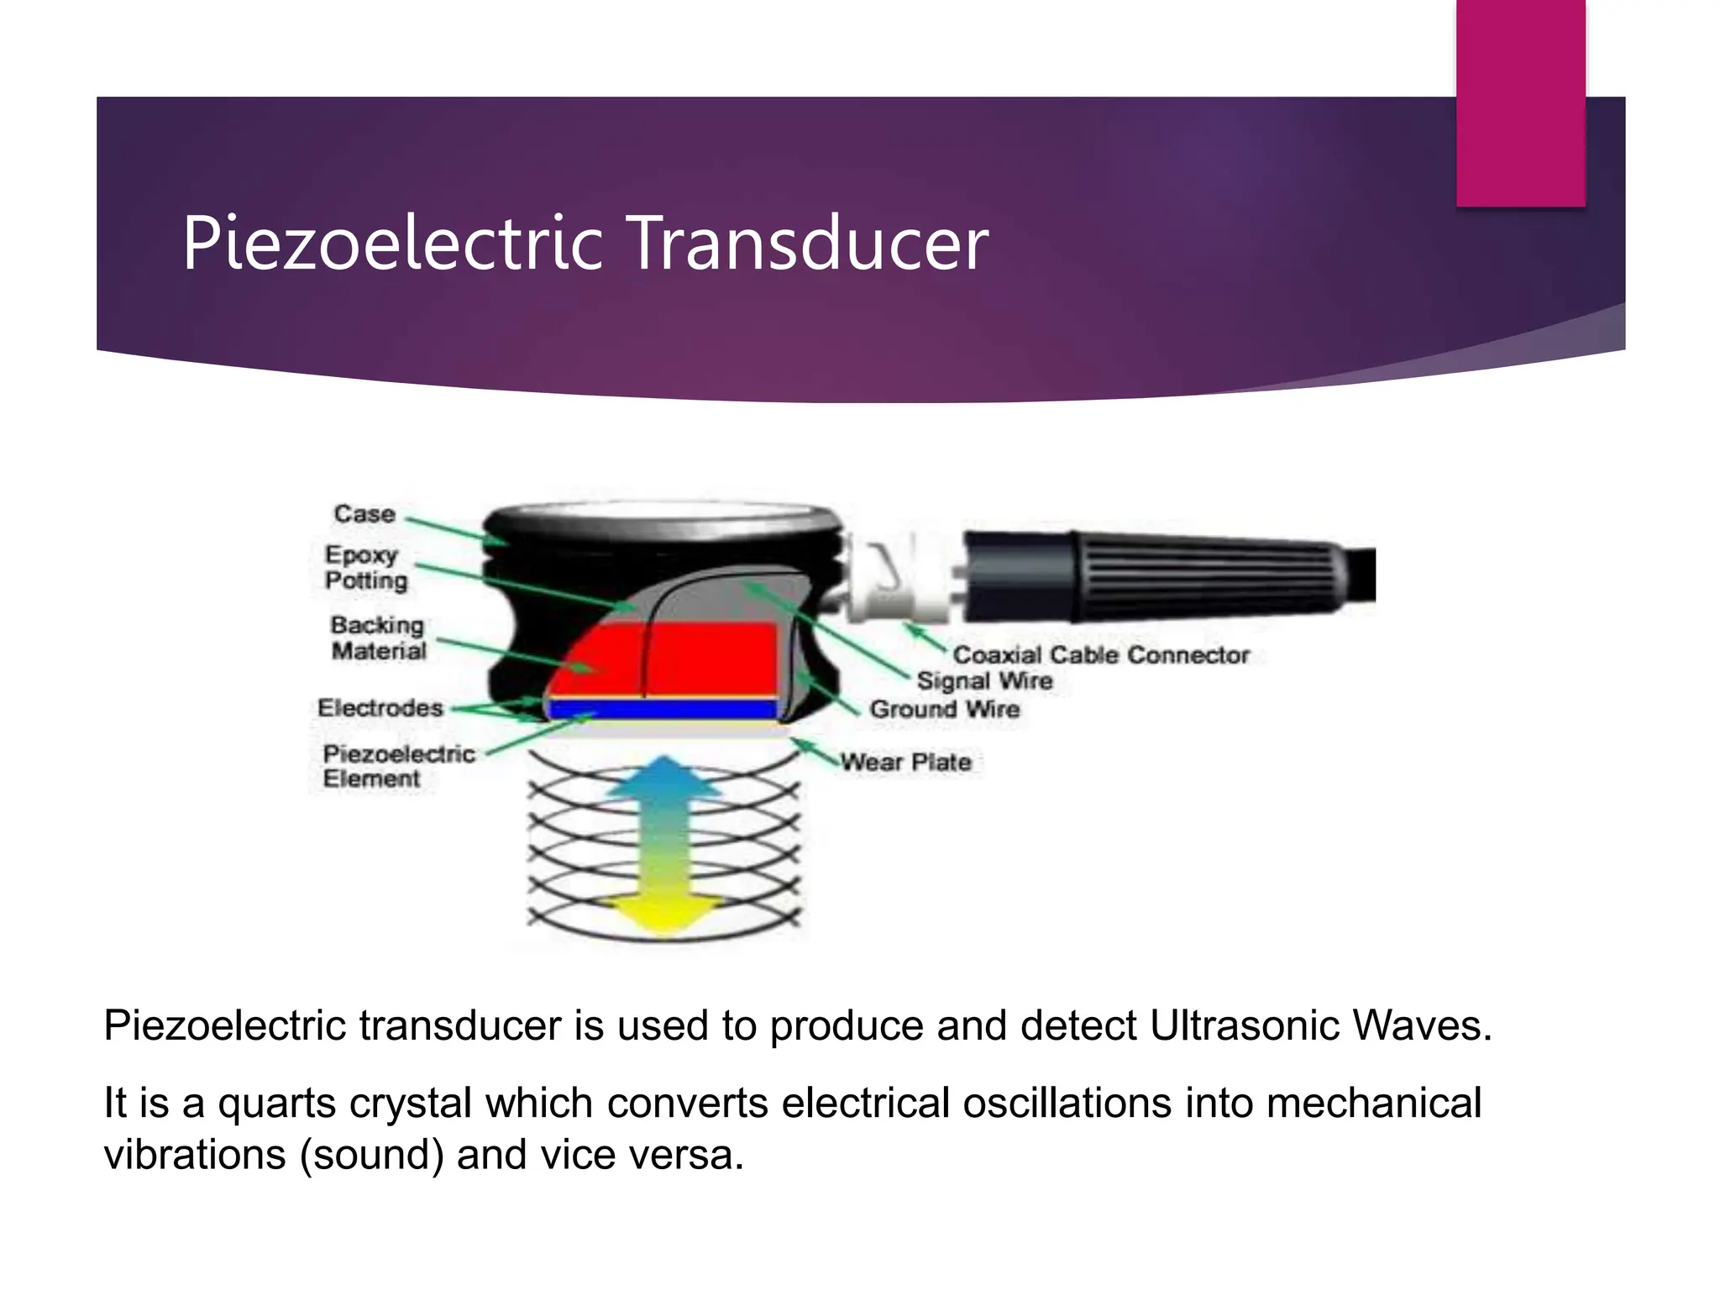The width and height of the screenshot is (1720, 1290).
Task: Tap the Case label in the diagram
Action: click(x=364, y=514)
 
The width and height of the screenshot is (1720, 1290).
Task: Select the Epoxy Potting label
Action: click(x=366, y=568)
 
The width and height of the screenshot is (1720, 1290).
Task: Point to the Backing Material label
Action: click(x=378, y=637)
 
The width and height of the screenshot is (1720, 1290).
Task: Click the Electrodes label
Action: click(x=380, y=708)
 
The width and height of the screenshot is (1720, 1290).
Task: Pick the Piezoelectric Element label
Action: click(x=398, y=766)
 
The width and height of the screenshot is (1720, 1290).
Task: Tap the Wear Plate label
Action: click(x=906, y=763)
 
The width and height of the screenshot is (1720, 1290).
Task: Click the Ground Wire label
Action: click(x=945, y=710)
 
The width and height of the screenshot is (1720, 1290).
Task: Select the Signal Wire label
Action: click(x=984, y=681)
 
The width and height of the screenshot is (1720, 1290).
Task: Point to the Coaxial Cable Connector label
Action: click(x=1101, y=655)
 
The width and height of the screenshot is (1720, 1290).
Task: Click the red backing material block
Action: click(x=705, y=659)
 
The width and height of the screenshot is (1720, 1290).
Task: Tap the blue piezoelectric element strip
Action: click(x=663, y=711)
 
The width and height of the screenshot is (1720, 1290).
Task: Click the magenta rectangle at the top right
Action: click(x=1520, y=101)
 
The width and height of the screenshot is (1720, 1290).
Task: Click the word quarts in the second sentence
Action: click(x=277, y=1104)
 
